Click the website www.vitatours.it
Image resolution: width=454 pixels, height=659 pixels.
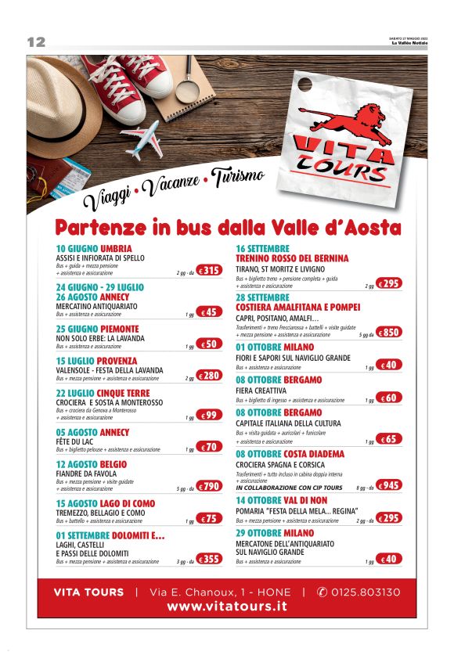pyautogui.click(x=226, y=607)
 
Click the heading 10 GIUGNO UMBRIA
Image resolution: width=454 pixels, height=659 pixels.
pyautogui.click(x=94, y=249)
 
